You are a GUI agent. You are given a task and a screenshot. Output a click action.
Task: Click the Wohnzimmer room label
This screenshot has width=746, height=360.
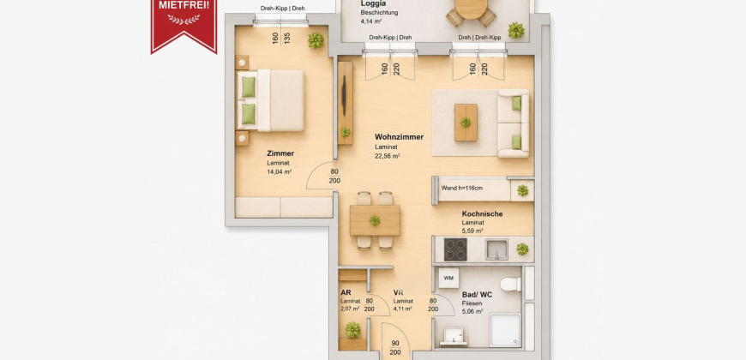399,137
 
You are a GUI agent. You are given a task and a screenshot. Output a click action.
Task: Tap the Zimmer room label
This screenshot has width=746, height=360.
280,153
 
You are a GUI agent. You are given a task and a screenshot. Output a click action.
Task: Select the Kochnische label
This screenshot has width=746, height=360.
482,214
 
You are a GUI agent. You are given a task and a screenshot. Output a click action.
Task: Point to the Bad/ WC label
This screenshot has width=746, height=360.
477,295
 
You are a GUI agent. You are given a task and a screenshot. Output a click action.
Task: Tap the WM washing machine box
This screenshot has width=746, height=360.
448,279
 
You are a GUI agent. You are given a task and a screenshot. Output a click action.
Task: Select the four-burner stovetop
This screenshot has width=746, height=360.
455,249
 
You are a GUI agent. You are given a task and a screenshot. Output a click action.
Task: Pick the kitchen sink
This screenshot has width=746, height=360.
496,249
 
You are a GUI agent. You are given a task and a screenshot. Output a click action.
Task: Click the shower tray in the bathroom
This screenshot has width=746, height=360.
505,330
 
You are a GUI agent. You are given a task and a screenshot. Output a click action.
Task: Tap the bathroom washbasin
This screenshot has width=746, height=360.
453,336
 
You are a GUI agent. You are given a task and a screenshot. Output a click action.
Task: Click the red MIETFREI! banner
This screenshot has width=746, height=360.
183,25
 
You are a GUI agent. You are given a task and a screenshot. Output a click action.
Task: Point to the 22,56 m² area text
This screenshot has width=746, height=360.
387,155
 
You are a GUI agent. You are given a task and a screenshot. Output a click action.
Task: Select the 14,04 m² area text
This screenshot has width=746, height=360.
280,171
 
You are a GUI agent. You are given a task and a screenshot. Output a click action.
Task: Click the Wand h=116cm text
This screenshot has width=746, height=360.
461,188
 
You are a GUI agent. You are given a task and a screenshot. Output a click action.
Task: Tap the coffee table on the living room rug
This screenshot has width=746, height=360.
466,123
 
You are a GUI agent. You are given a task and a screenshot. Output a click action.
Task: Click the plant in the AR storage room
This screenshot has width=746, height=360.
353,329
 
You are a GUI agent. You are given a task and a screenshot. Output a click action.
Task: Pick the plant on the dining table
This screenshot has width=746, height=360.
375,220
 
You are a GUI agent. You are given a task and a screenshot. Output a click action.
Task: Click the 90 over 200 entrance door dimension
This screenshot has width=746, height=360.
395,348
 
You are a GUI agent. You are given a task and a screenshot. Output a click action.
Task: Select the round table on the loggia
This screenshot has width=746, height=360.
471,9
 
